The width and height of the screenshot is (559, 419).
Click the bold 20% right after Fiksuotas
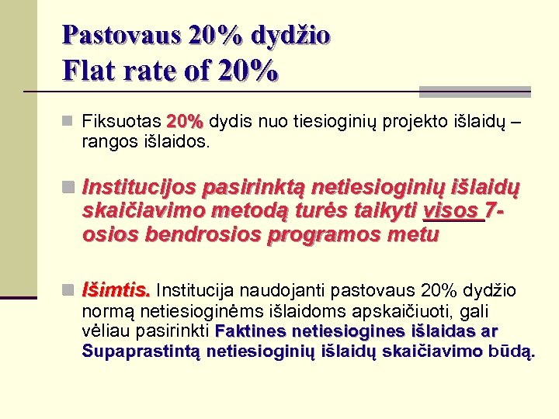[186, 123]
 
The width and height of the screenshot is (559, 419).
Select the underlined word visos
[451, 211]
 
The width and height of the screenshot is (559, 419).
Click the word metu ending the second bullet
[415, 234]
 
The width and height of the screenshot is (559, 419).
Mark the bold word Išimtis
[116, 290]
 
